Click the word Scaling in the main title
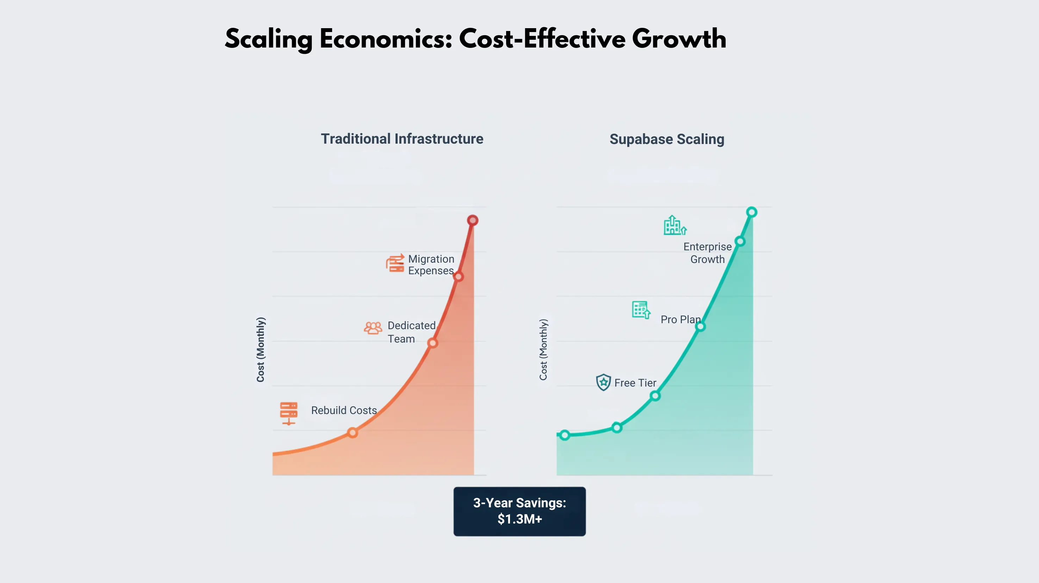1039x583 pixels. (269, 39)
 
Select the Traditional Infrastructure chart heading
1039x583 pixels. (402, 139)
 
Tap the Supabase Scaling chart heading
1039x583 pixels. (667, 139)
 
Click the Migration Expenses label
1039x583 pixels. (431, 264)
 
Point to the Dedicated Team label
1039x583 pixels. (411, 332)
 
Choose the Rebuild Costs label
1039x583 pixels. (344, 410)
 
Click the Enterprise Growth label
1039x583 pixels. (708, 253)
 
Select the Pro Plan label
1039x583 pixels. (681, 319)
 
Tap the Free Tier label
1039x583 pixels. (635, 383)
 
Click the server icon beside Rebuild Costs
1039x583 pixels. (289, 413)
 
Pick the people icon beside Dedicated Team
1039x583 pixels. (373, 328)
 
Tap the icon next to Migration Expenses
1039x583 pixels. (395, 263)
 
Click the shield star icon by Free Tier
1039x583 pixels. (603, 382)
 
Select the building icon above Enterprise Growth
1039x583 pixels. (675, 225)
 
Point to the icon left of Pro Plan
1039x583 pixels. (641, 310)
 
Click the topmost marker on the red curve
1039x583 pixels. (473, 220)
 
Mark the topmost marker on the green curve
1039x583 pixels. (751, 212)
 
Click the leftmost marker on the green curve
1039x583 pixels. (565, 435)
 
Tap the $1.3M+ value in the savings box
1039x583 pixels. (519, 519)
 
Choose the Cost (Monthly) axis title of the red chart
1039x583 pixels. (261, 350)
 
